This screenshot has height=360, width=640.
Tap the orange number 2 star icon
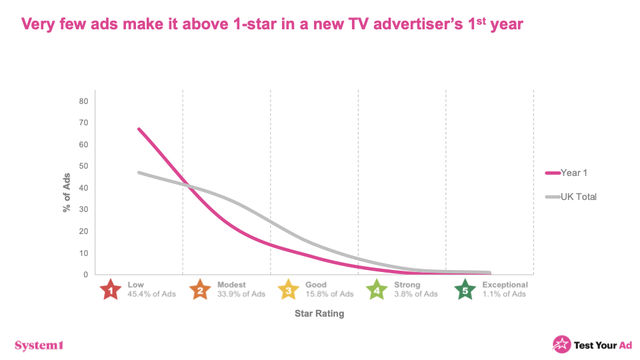(x=199, y=289)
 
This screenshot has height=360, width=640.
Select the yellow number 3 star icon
(x=287, y=289)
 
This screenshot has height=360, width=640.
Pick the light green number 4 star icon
(x=377, y=289)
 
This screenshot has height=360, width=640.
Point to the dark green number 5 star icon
(x=465, y=289)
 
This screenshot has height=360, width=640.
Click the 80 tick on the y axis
(x=84, y=101)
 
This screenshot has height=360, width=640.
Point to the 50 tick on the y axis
(x=84, y=166)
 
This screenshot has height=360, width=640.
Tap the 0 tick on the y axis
(x=86, y=275)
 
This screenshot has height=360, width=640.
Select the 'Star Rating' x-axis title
(x=319, y=313)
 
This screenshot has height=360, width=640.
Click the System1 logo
(x=39, y=345)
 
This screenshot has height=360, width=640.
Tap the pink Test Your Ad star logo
(x=561, y=344)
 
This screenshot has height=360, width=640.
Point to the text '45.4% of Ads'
(x=151, y=294)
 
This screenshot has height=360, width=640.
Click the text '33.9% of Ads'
(x=241, y=294)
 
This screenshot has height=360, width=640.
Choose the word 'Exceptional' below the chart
(x=505, y=285)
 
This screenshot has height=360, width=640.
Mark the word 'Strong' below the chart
(x=407, y=285)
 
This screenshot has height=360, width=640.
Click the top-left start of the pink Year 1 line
(x=139, y=129)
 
